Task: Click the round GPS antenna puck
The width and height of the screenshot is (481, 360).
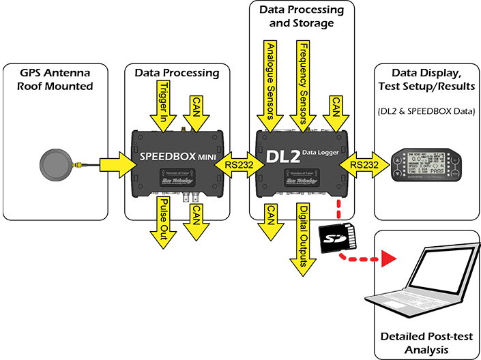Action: pos(55,165)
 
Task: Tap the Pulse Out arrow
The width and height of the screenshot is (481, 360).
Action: pos(164,222)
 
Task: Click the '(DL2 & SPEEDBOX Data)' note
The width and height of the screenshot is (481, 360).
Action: pos(426,111)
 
